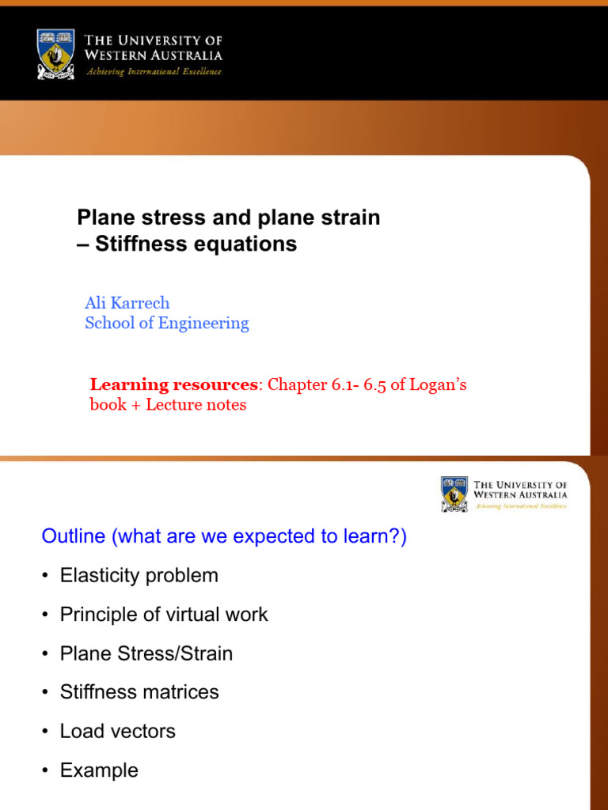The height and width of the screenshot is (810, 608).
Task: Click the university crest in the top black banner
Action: click(55, 54)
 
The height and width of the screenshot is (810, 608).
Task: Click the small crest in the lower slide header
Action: click(454, 494)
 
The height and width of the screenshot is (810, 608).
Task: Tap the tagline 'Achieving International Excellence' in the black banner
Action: click(153, 72)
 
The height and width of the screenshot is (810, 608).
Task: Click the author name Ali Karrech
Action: click(127, 303)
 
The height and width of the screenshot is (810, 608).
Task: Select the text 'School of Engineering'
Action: click(166, 323)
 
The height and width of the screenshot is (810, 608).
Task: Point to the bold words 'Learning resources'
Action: click(174, 385)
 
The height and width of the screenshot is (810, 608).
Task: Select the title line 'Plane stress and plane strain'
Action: click(228, 218)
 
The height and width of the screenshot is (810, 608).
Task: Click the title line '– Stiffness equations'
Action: click(187, 244)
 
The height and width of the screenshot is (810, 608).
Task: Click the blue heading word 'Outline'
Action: click(73, 536)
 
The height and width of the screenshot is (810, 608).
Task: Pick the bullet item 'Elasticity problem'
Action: click(139, 576)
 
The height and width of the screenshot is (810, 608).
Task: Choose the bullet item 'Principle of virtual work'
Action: click(164, 615)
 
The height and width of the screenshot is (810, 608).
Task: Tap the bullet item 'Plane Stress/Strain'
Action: click(146, 653)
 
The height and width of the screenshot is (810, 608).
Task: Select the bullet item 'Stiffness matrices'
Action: click(139, 692)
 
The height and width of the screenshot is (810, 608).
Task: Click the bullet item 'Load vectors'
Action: click(118, 731)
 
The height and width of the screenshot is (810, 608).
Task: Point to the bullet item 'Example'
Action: click(99, 770)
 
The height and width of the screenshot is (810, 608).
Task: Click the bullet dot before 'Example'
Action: click(46, 771)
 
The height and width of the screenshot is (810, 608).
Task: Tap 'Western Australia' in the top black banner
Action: click(154, 55)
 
